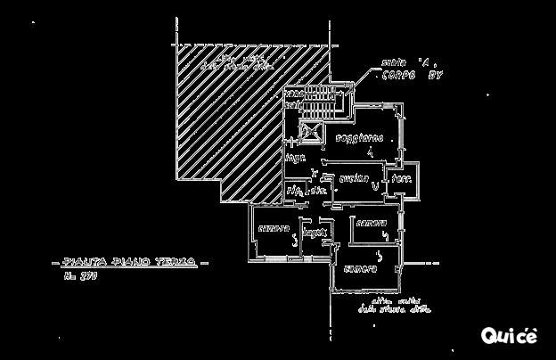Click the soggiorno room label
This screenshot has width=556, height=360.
[360, 139]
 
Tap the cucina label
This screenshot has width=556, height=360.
[354, 179]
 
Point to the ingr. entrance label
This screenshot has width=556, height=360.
[294, 158]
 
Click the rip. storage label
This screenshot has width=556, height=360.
[294, 191]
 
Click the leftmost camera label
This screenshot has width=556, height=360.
[274, 229]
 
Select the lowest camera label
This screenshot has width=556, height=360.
[361, 267]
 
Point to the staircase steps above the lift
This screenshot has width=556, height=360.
[314, 106]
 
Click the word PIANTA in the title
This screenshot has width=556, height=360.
[80, 263]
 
